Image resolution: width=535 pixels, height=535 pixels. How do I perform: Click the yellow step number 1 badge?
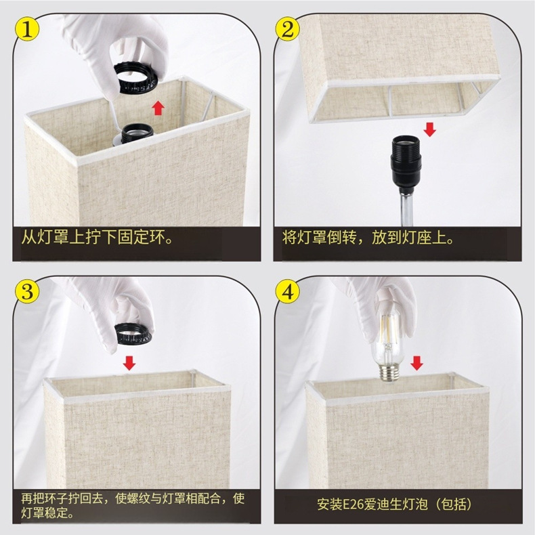26,29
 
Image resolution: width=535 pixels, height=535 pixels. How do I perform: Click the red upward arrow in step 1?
158,107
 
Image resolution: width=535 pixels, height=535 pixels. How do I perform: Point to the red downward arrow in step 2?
429,129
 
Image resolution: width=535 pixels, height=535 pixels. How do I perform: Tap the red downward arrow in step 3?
129,364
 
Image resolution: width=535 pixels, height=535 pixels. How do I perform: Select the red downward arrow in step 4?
417,364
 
